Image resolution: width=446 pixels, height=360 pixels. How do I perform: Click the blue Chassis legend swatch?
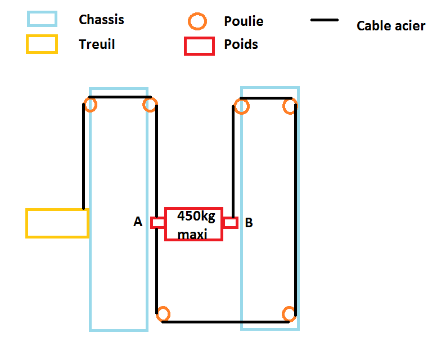pyautogui.click(x=42, y=19)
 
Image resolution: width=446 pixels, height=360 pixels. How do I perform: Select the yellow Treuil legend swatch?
pyautogui.click(x=42, y=44)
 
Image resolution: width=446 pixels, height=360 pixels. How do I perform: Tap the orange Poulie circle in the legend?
pyautogui.click(x=197, y=22)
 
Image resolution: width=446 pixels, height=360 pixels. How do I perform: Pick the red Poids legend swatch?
pyautogui.click(x=199, y=46)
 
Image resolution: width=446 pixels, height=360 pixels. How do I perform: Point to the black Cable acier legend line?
pyautogui.click(x=325, y=20)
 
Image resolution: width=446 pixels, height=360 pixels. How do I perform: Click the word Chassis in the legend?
pyautogui.click(x=101, y=20)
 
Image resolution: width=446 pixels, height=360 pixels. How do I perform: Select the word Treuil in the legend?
pyautogui.click(x=97, y=44)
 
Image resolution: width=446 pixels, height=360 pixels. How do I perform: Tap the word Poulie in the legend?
pyautogui.click(x=244, y=22)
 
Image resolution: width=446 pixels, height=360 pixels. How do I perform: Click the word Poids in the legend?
pyautogui.click(x=241, y=44)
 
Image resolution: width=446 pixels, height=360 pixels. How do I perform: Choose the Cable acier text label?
pyautogui.click(x=391, y=26)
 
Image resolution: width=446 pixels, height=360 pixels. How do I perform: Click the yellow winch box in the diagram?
pyautogui.click(x=57, y=223)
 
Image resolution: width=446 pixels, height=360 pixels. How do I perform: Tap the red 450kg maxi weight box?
pyautogui.click(x=193, y=224)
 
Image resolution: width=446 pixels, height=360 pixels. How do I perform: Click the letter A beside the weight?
pyautogui.click(x=138, y=223)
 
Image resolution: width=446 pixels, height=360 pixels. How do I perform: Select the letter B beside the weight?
pyautogui.click(x=249, y=223)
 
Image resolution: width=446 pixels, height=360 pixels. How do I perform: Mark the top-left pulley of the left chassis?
pyautogui.click(x=91, y=104)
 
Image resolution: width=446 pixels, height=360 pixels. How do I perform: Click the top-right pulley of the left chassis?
pyautogui.click(x=150, y=104)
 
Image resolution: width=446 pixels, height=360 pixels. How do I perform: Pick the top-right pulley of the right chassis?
pyautogui.click(x=290, y=106)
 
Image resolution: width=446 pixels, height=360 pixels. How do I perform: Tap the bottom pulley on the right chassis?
pyautogui.click(x=289, y=314)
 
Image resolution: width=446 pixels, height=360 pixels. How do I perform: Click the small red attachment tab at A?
pyautogui.click(x=157, y=223)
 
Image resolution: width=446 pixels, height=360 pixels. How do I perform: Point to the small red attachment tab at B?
pyautogui.click(x=231, y=223)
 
